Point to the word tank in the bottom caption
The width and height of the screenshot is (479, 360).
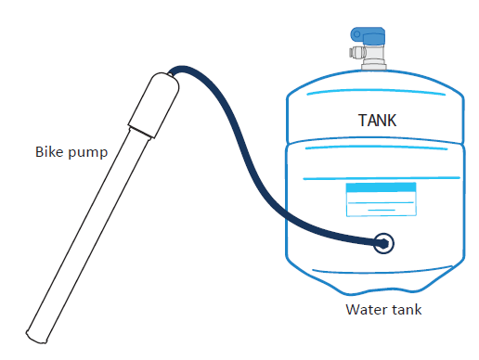click(406, 310)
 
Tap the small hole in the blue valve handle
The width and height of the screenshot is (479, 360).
click(357, 35)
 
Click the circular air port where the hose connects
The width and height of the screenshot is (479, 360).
click(383, 243)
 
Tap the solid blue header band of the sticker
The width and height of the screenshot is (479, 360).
click(380, 188)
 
